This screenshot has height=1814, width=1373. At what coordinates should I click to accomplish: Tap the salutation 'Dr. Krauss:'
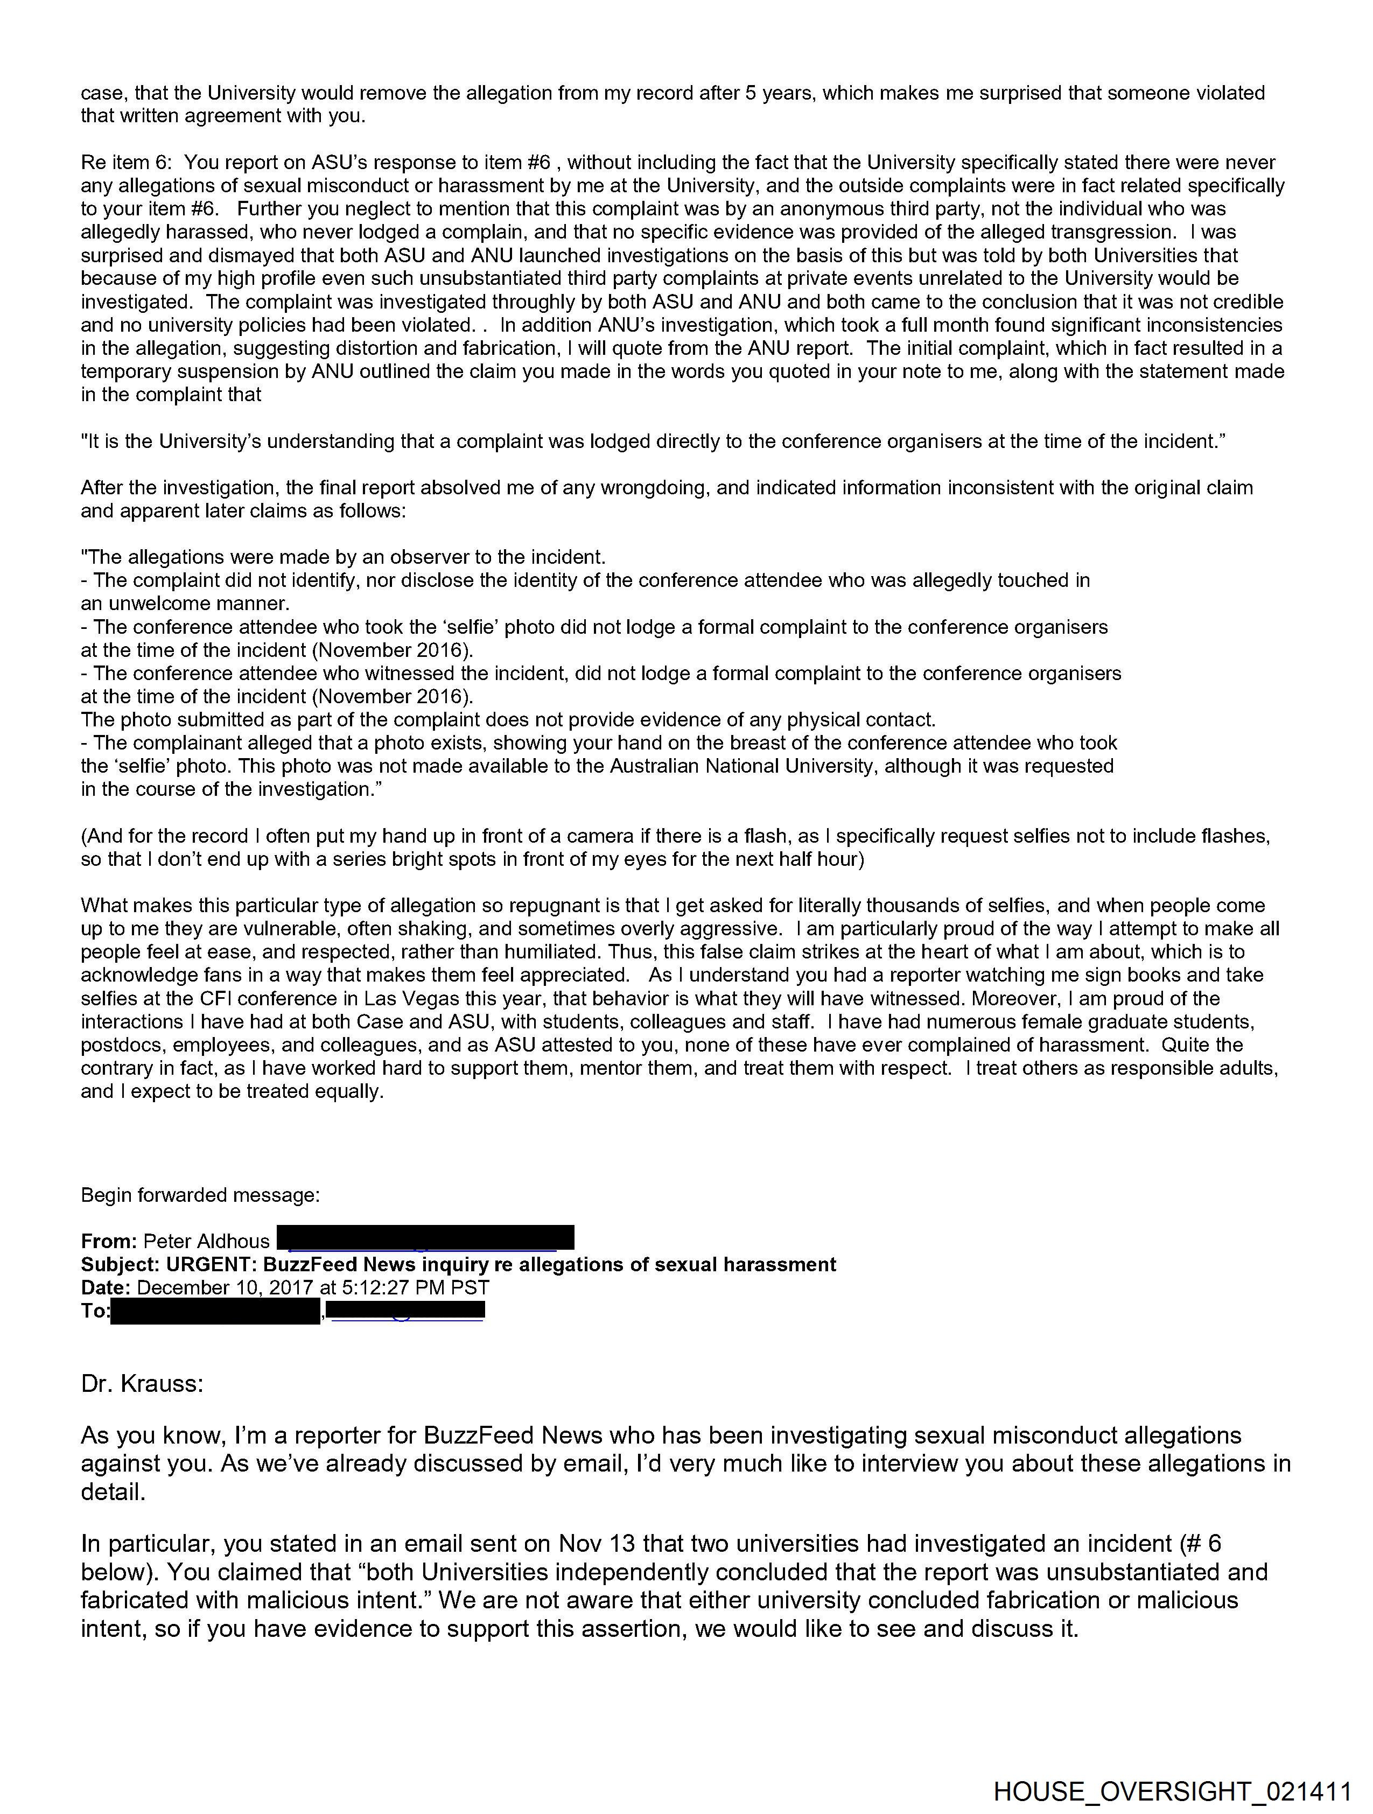pos(142,1383)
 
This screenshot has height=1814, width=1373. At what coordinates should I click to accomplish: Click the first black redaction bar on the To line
pos(215,1311)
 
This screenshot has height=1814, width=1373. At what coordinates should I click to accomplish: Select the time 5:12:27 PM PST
pos(415,1287)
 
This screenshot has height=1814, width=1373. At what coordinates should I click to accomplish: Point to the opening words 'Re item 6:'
pos(127,163)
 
